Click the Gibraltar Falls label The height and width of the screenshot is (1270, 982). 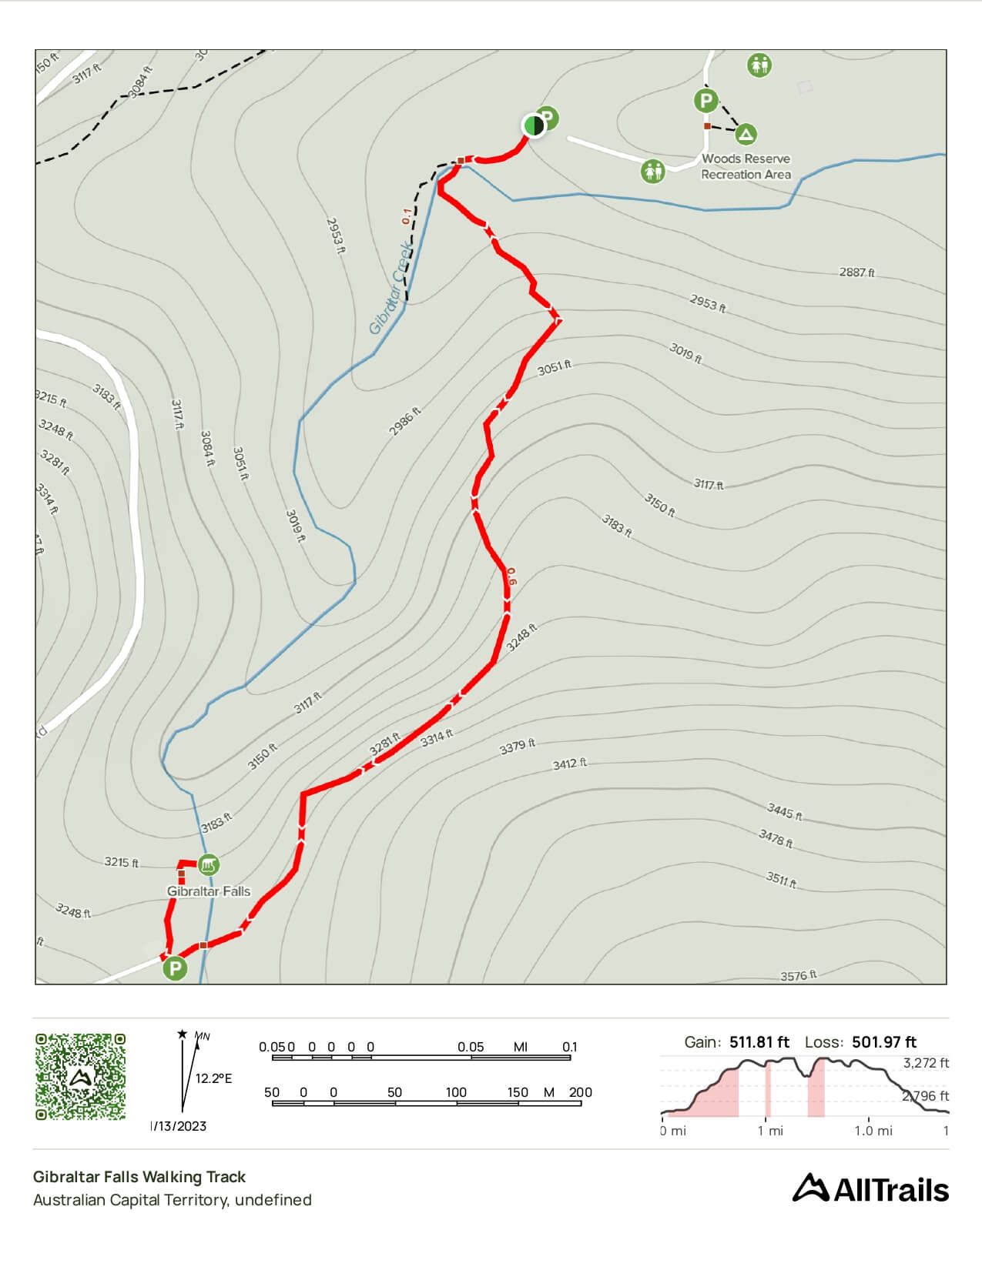(209, 891)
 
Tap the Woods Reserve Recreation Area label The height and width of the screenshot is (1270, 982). (746, 166)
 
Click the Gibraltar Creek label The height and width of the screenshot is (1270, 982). (390, 289)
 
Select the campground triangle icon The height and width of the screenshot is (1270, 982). (745, 135)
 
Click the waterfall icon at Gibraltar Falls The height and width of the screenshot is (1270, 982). (207, 864)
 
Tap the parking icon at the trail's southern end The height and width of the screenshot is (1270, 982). (176, 968)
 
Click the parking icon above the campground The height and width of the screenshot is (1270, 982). (705, 100)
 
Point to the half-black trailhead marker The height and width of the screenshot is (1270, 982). (533, 125)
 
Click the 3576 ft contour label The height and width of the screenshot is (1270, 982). (799, 975)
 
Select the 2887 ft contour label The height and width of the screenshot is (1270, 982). (856, 272)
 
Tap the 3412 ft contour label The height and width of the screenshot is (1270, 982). (570, 764)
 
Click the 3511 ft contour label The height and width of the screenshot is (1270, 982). (780, 879)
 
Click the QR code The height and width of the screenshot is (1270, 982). (80, 1076)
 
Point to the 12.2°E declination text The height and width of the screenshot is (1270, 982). (213, 1078)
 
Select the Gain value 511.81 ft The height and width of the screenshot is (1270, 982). (759, 1042)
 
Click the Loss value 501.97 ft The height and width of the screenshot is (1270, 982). (884, 1042)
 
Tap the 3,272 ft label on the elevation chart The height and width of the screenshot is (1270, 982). (926, 1063)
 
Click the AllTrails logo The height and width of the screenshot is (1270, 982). (870, 1188)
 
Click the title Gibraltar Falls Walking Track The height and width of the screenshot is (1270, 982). (139, 1176)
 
